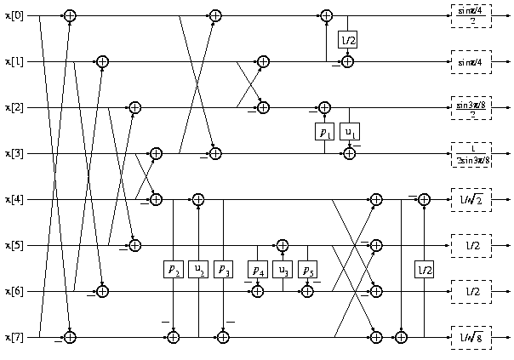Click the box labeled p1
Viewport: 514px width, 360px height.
(x=324, y=132)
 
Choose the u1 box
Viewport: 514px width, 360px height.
(x=349, y=132)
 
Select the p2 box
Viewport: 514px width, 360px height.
(x=174, y=270)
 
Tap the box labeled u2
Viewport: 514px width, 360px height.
(x=198, y=270)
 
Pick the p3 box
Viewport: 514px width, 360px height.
(x=223, y=270)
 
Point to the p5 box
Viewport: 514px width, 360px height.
(x=307, y=270)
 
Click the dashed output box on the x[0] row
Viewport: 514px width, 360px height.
(x=471, y=16)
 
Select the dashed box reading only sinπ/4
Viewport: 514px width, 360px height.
(x=471, y=62)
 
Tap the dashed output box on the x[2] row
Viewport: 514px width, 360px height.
(x=471, y=108)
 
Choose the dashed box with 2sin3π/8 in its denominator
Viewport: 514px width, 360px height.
(x=471, y=154)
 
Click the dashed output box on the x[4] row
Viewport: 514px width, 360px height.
(x=471, y=200)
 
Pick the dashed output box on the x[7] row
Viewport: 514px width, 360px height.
(x=471, y=338)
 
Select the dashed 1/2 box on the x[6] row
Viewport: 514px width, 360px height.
(x=471, y=292)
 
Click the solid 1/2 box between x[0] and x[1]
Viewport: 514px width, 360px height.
(x=348, y=40)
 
